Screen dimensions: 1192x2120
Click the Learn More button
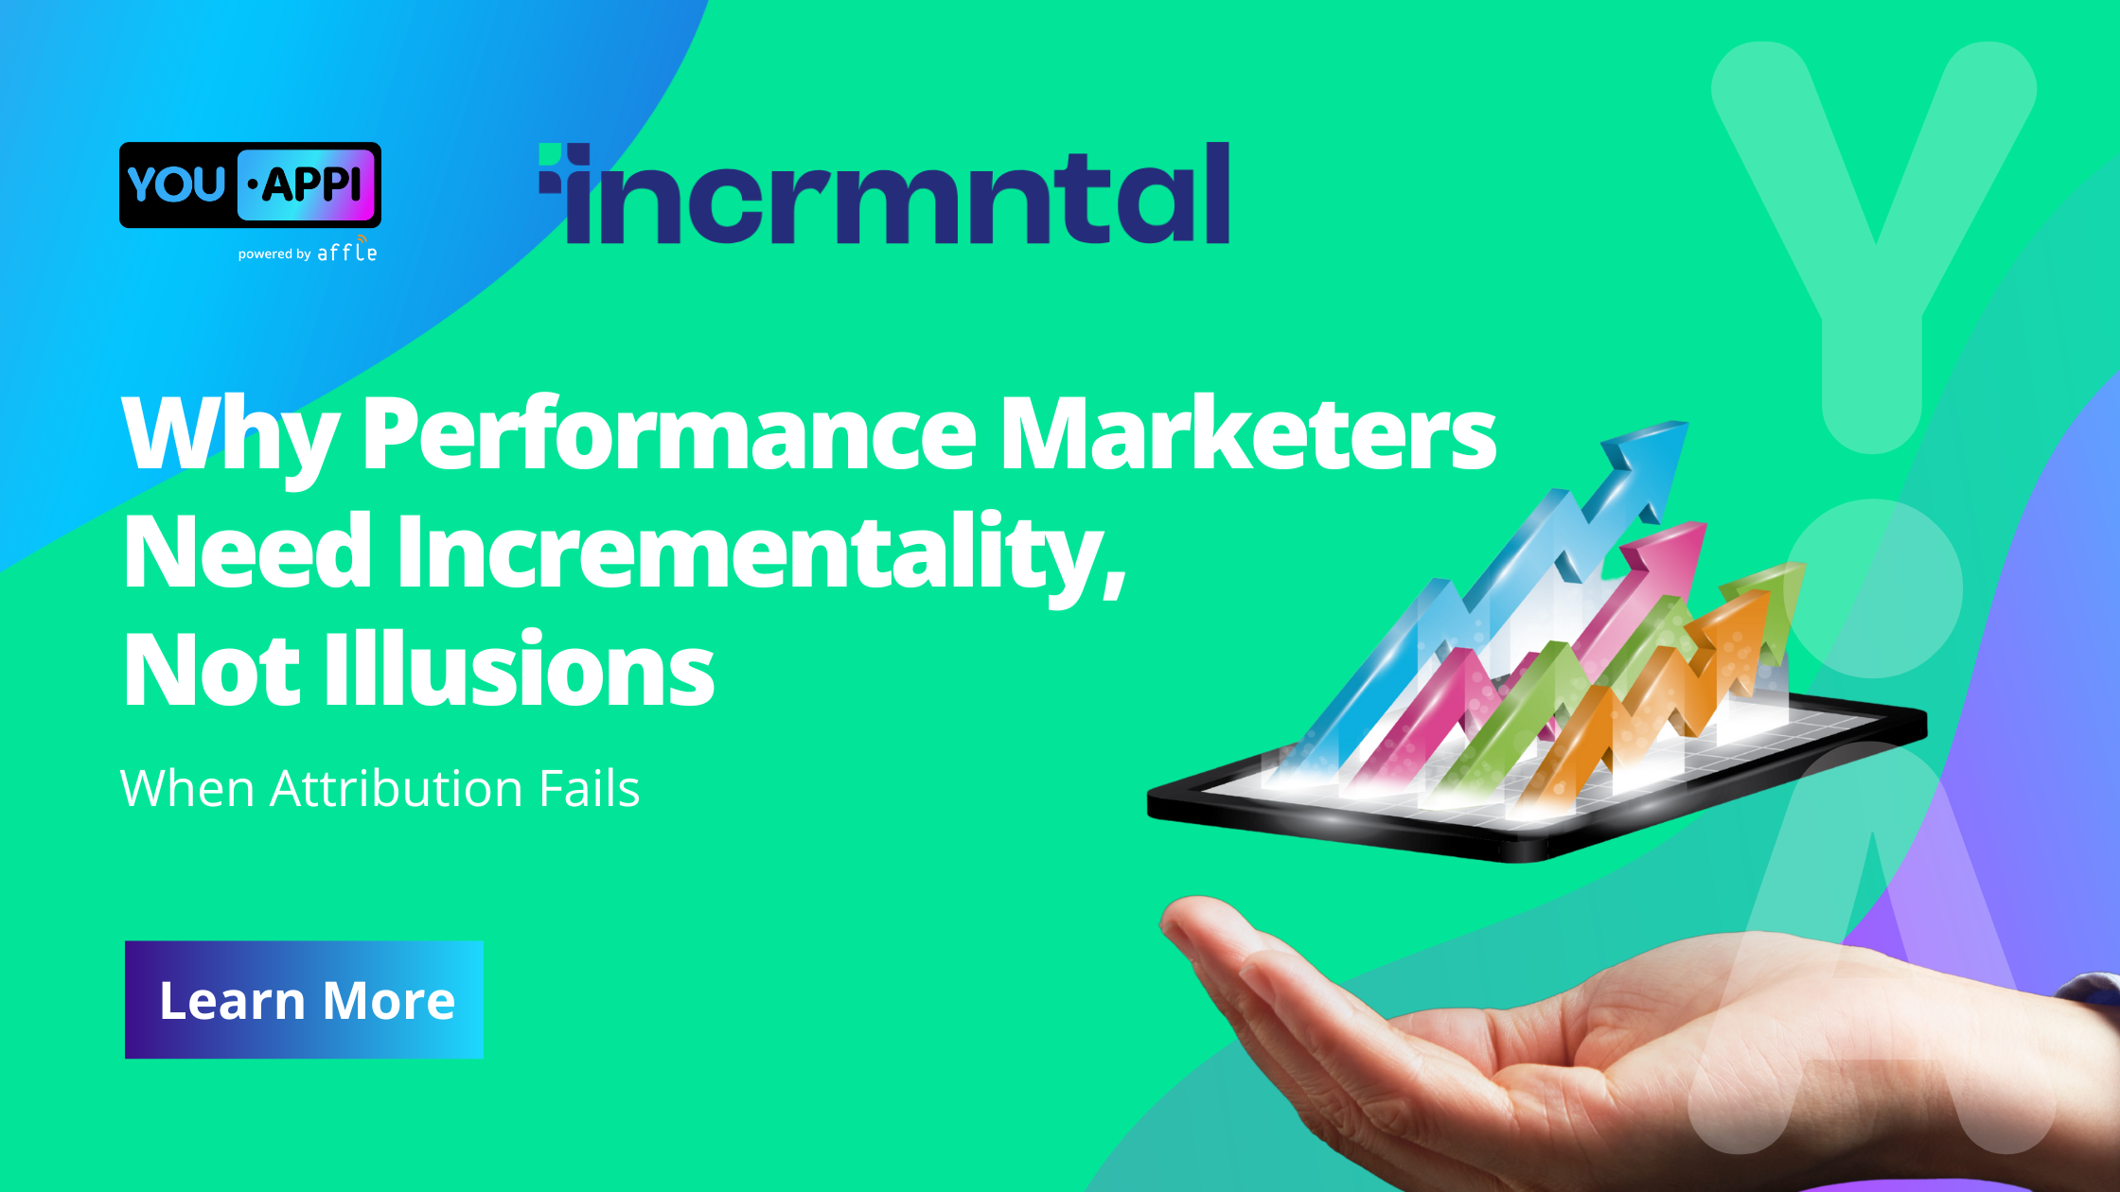pos(304,999)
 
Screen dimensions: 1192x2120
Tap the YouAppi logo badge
pos(250,184)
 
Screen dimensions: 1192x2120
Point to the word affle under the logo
pos(346,253)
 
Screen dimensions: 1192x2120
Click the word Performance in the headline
pos(668,433)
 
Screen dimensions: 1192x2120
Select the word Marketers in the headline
pos(1248,433)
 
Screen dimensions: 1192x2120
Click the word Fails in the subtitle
pos(589,788)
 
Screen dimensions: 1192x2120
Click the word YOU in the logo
pos(176,184)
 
